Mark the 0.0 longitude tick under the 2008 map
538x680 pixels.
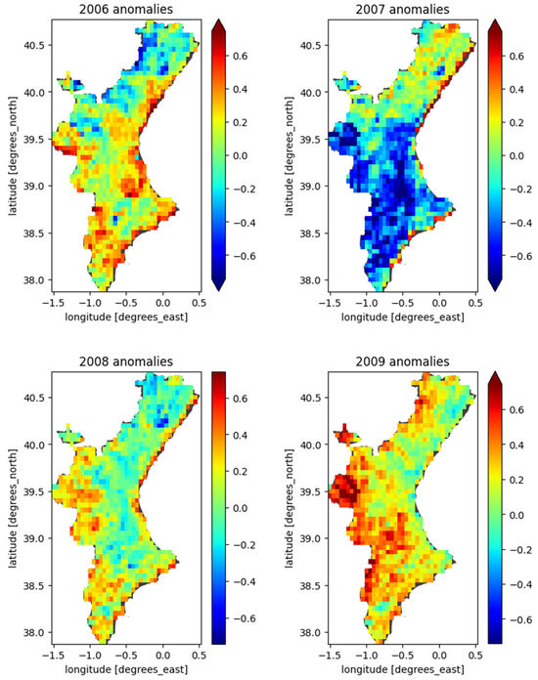[162, 656]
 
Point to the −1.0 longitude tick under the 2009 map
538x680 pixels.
[362, 656]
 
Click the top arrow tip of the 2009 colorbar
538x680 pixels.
[497, 373]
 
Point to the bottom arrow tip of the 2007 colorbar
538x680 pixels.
[497, 289]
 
